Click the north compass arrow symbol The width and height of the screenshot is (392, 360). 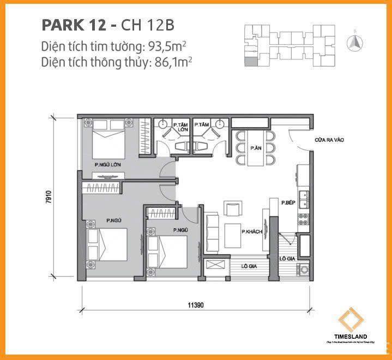click(355, 41)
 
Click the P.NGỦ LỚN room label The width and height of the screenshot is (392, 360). click(106, 165)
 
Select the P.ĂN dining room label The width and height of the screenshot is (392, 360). click(255, 148)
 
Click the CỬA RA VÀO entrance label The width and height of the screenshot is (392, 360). click(329, 140)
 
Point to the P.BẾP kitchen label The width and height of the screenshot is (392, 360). click(288, 203)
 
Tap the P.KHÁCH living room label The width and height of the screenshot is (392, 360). click(251, 232)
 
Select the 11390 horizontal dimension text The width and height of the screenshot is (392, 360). click(197, 305)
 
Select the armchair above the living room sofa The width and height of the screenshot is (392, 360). click(231, 209)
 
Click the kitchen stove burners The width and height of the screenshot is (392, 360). click(304, 220)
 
